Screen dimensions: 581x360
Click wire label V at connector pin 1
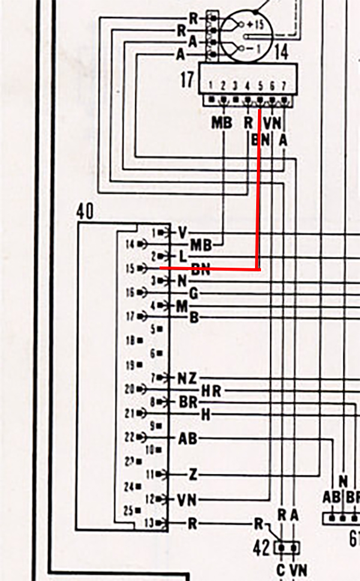click(x=183, y=232)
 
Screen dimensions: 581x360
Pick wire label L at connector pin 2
click(x=183, y=256)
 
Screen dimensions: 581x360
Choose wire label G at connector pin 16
click(x=193, y=294)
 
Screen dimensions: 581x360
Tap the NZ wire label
click(x=187, y=379)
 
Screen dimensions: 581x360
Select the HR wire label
click(x=211, y=391)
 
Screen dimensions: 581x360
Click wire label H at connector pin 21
click(x=205, y=415)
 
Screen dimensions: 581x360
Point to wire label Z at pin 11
click(x=193, y=475)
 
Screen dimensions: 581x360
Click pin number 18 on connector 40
click(x=130, y=340)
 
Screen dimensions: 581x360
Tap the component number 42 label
click(x=262, y=547)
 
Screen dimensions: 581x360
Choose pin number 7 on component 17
click(x=283, y=86)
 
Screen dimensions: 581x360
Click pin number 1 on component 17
click(x=211, y=86)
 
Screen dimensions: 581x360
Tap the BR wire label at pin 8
click(x=188, y=402)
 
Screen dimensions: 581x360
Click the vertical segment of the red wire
click(x=259, y=192)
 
